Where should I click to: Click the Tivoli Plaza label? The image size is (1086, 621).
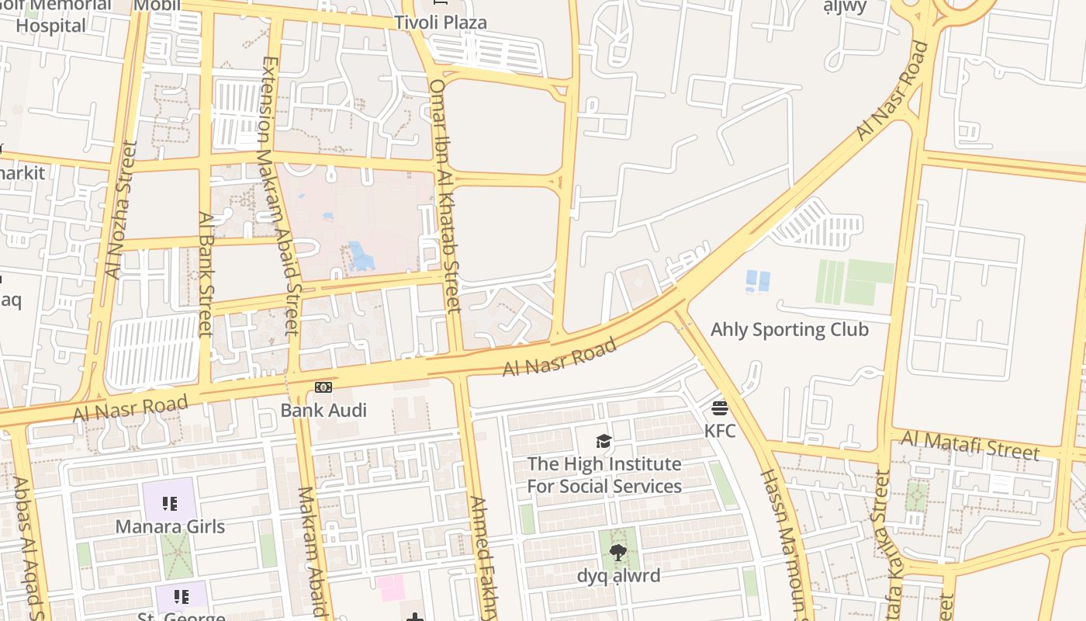coord(441,23)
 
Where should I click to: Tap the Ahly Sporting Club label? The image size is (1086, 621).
coord(789,329)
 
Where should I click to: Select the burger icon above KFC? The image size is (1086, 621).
coord(720,408)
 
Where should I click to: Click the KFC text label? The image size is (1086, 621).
coord(720,430)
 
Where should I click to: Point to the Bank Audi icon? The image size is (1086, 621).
coord(323,387)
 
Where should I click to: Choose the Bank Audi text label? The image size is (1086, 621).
coord(323,410)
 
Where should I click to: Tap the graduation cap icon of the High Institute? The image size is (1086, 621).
coord(604,442)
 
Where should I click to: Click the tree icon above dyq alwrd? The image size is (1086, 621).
coord(617,553)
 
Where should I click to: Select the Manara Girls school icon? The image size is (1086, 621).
coord(170,504)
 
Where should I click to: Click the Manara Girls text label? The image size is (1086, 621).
coord(170,526)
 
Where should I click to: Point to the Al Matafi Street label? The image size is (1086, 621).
coord(969,446)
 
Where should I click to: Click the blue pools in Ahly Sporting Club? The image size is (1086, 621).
coord(757,281)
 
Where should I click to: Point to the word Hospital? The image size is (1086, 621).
coord(51,26)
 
